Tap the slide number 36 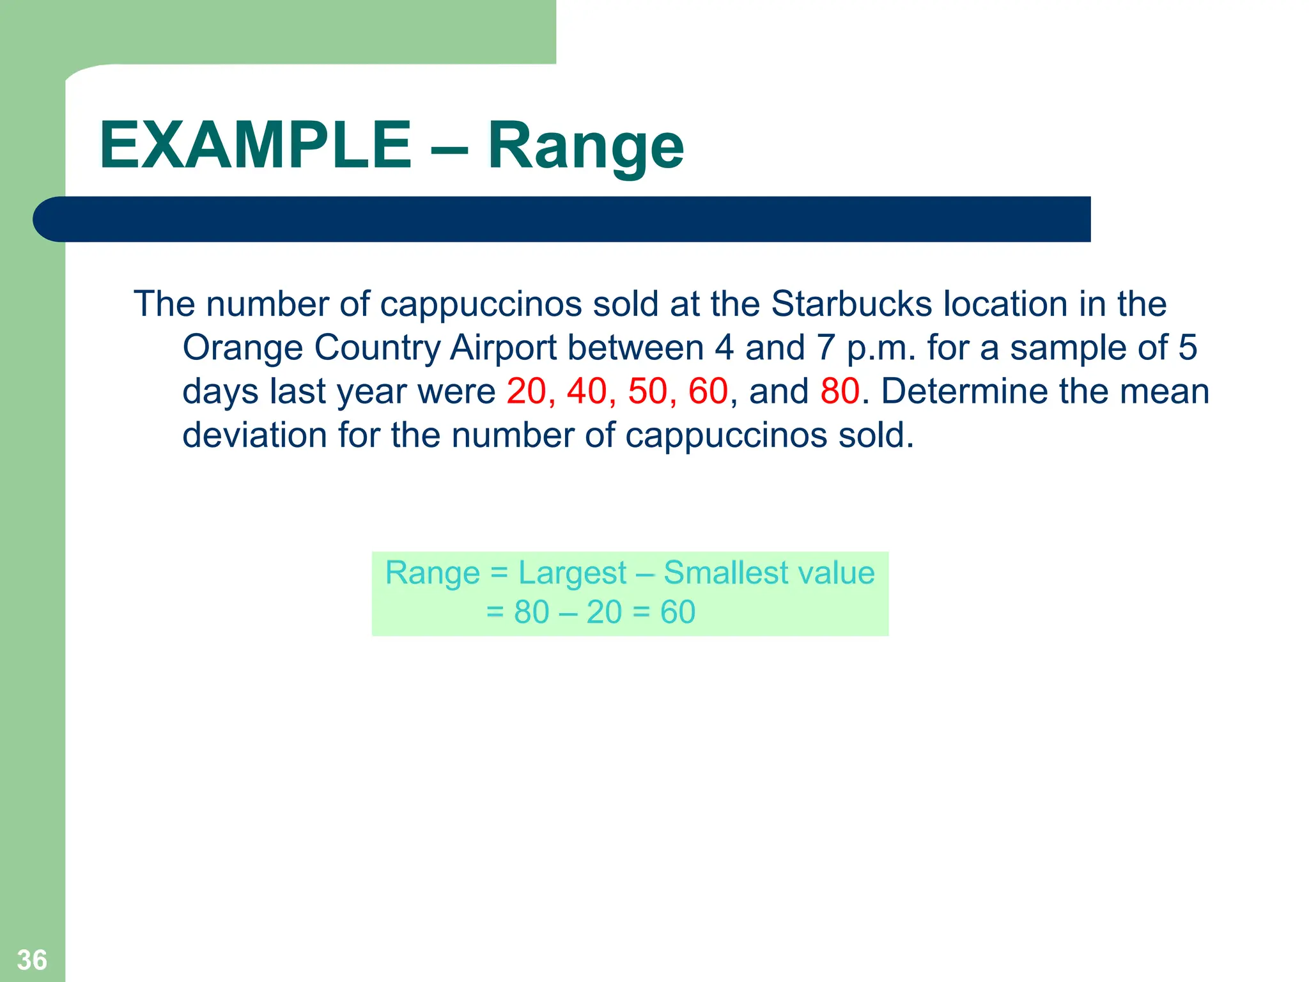click(x=32, y=960)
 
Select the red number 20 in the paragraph click(x=526, y=391)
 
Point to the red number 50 click(x=647, y=391)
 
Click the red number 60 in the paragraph click(x=708, y=391)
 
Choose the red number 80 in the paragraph click(x=840, y=391)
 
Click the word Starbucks click(x=852, y=304)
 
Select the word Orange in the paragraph click(x=243, y=348)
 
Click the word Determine click(x=964, y=391)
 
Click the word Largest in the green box click(x=572, y=573)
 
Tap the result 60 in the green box click(x=678, y=612)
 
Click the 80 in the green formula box click(x=532, y=612)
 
